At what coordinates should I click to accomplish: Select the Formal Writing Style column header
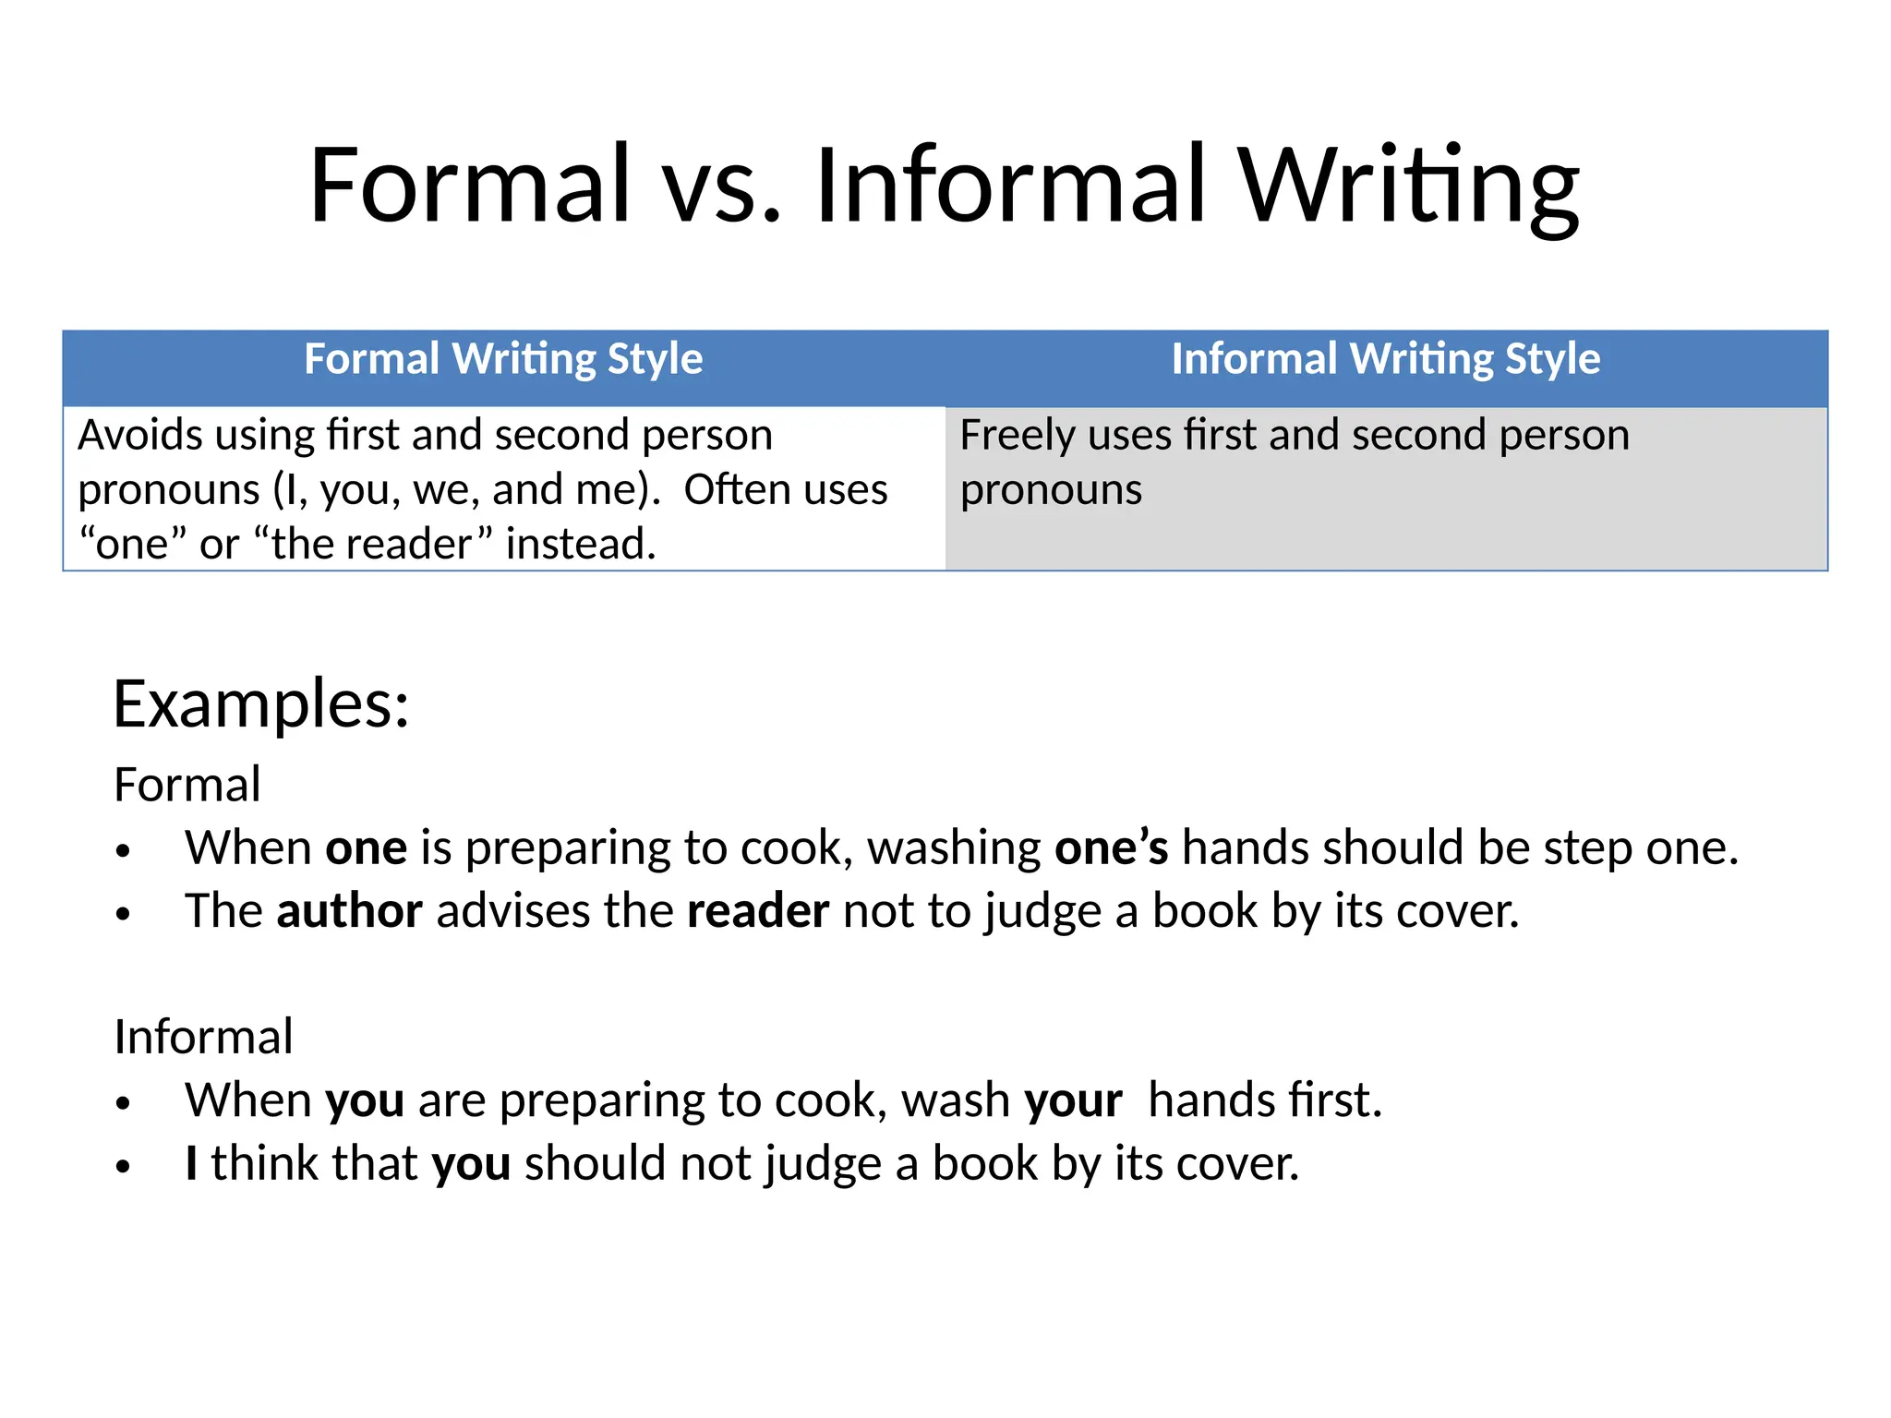503,359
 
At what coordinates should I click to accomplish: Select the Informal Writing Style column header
1385,359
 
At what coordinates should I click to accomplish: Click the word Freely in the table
1017,435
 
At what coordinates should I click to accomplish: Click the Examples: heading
260,704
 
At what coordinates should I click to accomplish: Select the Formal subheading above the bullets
187,785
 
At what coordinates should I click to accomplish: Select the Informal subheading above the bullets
203,1037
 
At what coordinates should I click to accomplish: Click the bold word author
349,911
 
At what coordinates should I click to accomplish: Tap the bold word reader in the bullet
757,911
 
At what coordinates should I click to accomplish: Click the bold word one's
1111,848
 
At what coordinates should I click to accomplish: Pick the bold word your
1073,1100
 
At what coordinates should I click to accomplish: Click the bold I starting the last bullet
191,1163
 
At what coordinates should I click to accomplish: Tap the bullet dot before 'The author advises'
124,914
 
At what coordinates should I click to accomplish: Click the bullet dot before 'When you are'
124,1103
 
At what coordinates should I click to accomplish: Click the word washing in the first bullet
954,848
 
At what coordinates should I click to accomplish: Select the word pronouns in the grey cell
1051,490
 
